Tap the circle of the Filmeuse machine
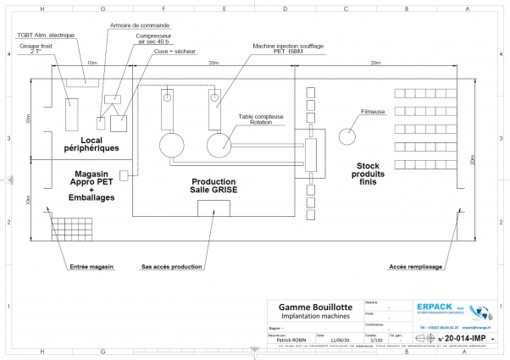[347, 136]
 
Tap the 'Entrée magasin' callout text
[91, 266]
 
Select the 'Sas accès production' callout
[172, 266]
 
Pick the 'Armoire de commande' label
[139, 25]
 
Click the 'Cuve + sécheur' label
[175, 51]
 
